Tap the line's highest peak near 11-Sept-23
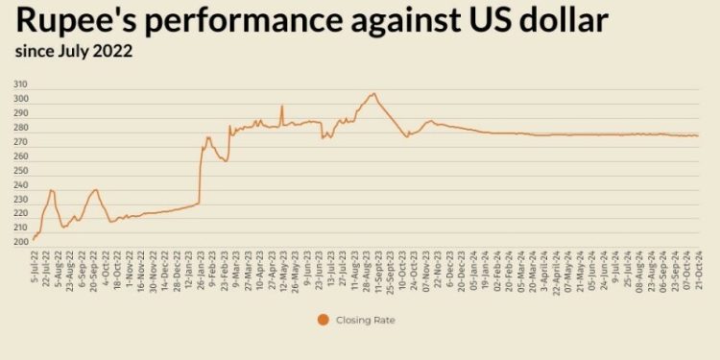(x=373, y=93)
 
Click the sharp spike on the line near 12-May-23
(x=281, y=106)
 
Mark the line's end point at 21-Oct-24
(x=698, y=135)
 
